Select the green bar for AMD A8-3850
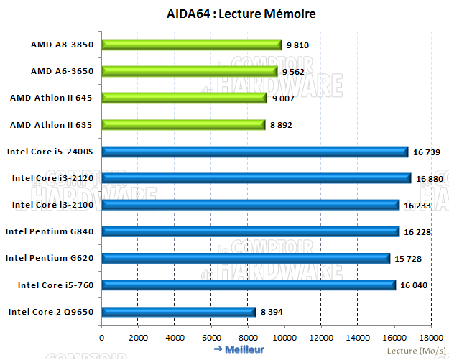191,45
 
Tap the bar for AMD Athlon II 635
183,124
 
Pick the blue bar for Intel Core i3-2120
256,177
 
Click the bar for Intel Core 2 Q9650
178,311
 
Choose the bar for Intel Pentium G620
246,257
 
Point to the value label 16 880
429,178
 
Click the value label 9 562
295,72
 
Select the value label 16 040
414,285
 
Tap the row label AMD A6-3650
63,71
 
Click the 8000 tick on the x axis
248,336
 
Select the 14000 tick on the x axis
358,336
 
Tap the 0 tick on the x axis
102,336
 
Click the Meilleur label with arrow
239,350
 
